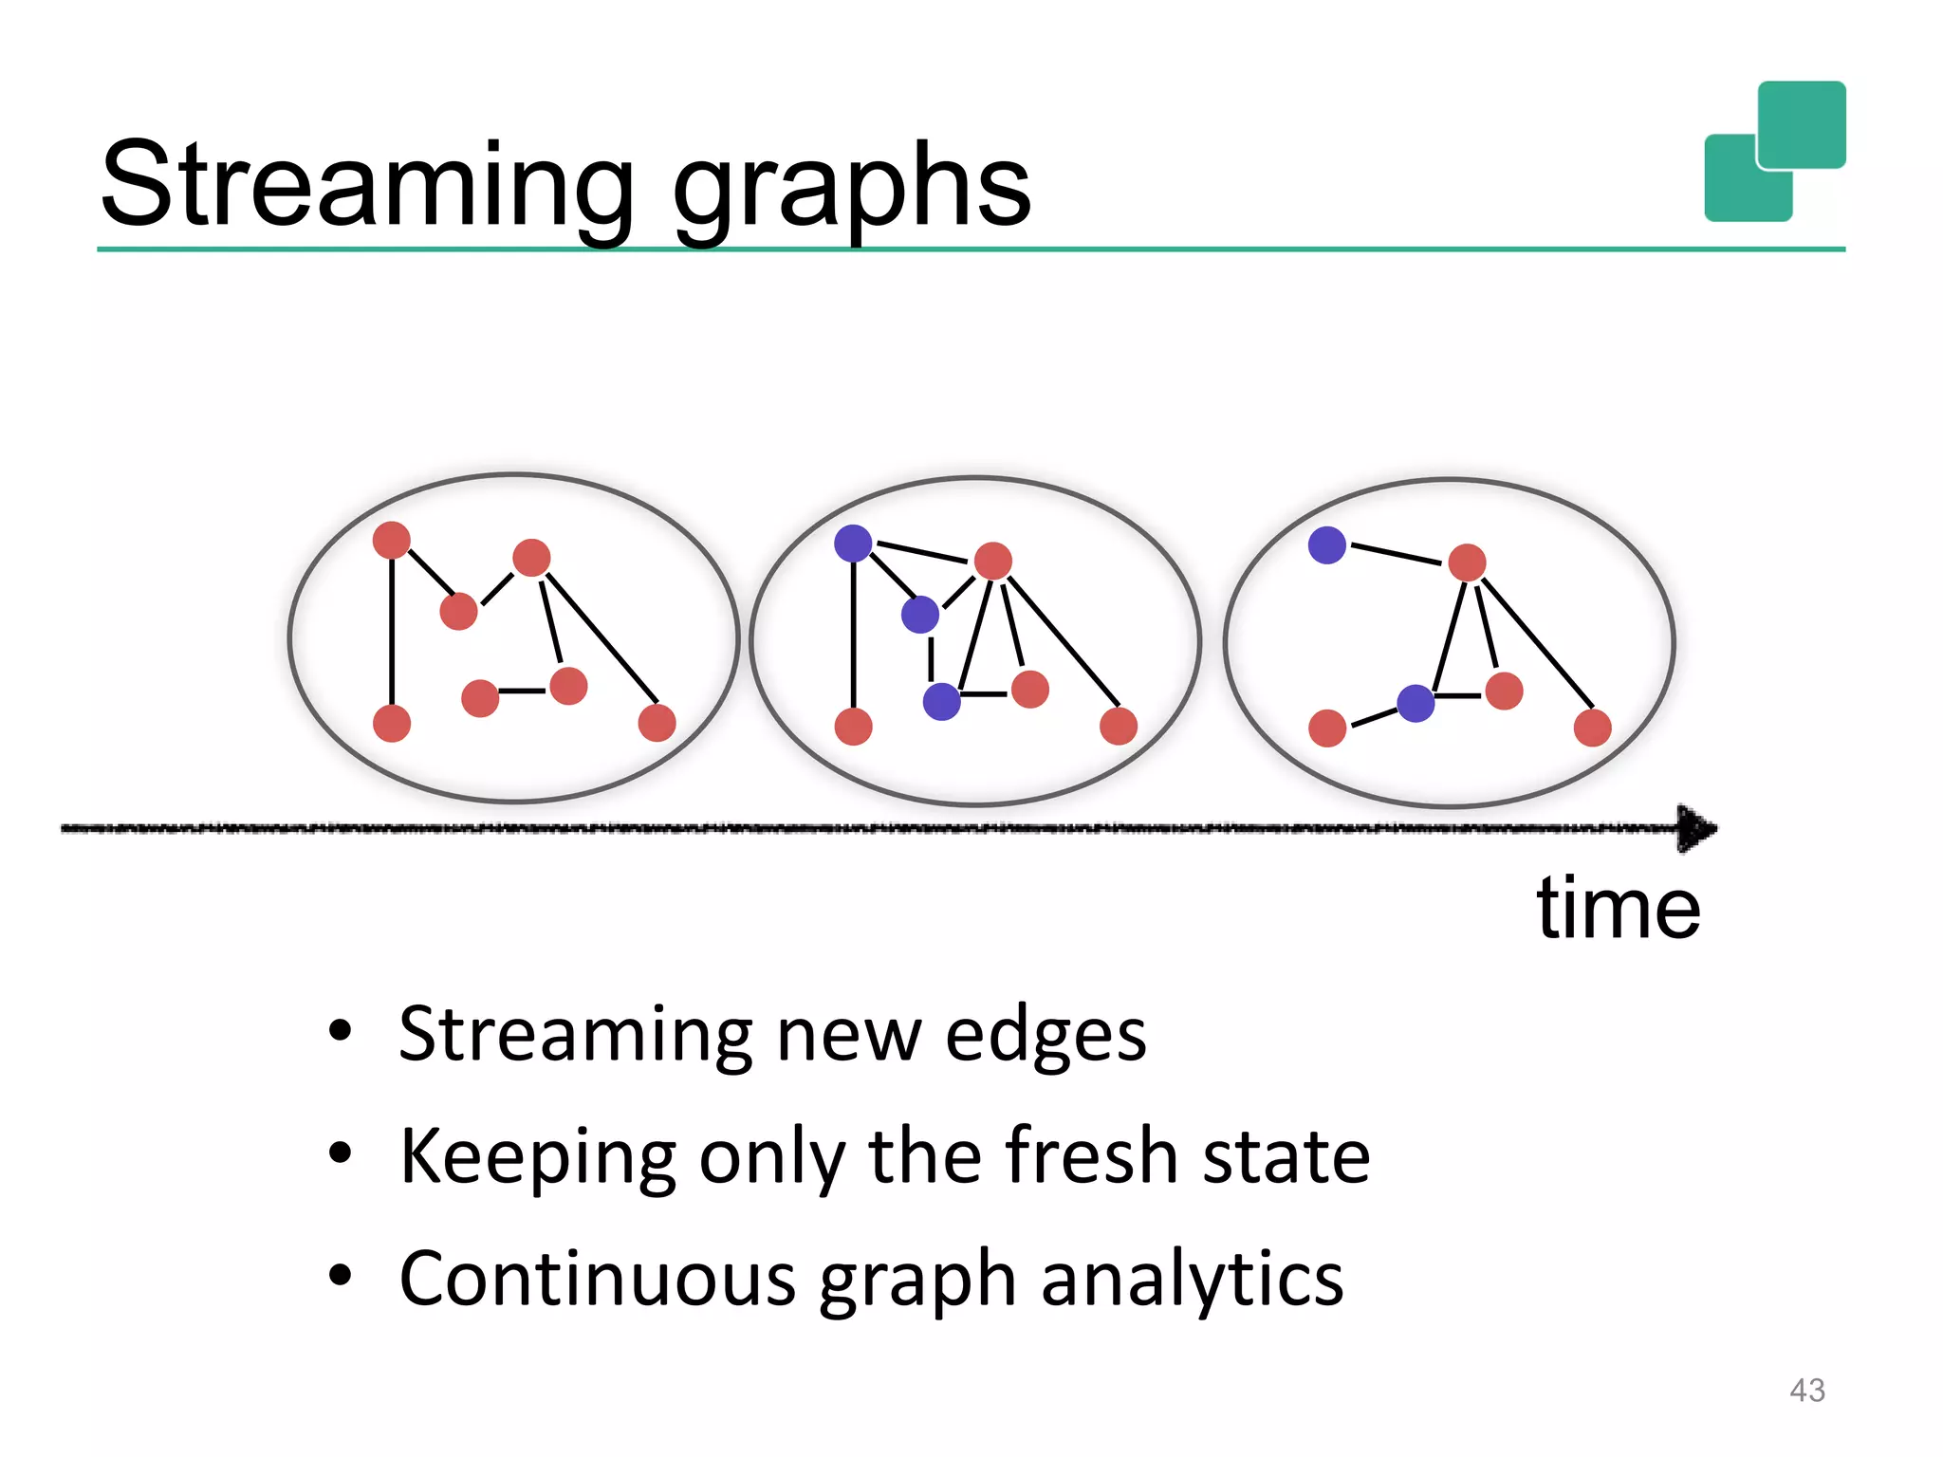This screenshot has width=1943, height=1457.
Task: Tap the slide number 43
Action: click(x=1806, y=1391)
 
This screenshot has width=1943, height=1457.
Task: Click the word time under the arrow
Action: click(x=1618, y=908)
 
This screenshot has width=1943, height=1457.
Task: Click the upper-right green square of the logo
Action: click(x=1801, y=124)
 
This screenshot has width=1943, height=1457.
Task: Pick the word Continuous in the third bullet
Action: click(x=597, y=1279)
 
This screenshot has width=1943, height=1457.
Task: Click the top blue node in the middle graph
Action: click(x=853, y=544)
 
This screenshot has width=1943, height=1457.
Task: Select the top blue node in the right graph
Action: click(x=1326, y=545)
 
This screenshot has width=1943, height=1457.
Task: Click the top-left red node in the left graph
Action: click(x=392, y=540)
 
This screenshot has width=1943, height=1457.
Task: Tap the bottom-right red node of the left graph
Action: click(x=657, y=723)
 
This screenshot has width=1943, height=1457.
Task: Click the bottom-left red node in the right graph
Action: click(x=1326, y=728)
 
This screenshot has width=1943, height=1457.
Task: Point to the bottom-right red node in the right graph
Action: click(x=1592, y=728)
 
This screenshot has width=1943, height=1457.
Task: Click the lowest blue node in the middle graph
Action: click(x=941, y=701)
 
